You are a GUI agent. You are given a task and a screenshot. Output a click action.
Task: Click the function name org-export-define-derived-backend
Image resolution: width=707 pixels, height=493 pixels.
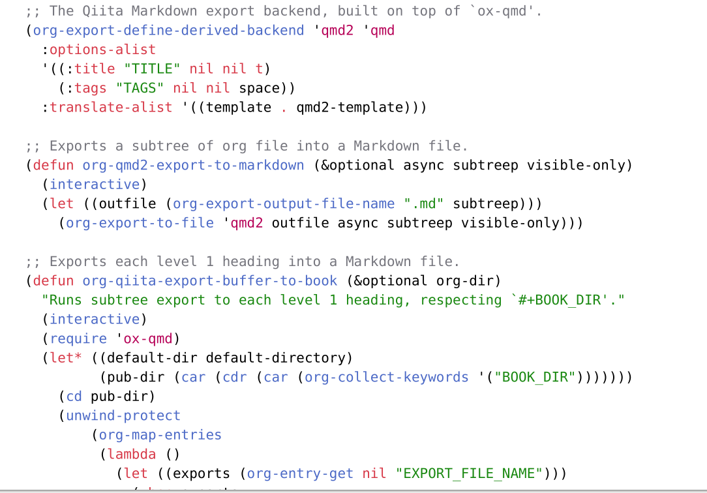[x=168, y=30]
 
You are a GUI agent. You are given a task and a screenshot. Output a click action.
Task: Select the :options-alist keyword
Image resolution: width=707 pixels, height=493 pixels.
[x=102, y=50]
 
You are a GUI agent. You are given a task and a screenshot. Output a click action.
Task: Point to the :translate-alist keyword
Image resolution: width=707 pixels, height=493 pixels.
[x=111, y=107]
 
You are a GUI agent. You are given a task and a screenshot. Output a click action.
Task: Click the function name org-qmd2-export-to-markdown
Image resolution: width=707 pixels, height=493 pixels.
[x=193, y=165]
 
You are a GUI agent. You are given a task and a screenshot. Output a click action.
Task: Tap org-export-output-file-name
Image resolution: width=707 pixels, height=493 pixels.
[x=284, y=203]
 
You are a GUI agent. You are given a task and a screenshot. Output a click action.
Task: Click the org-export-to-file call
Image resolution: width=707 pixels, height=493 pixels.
[x=140, y=223]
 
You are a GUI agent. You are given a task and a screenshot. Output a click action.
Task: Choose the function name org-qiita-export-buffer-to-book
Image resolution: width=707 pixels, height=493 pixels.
[x=209, y=281]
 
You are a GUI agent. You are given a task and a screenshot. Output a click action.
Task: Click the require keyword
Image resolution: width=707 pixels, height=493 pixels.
[x=78, y=338]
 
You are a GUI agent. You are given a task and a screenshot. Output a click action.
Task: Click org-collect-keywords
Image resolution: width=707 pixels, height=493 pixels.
[x=386, y=377]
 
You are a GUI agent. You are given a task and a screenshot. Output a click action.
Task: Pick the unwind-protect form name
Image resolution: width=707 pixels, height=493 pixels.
[x=123, y=415]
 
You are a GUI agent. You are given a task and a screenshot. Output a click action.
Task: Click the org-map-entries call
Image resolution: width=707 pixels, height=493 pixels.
[x=160, y=435]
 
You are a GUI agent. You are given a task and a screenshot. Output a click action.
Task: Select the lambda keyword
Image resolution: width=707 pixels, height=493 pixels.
[x=131, y=454]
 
